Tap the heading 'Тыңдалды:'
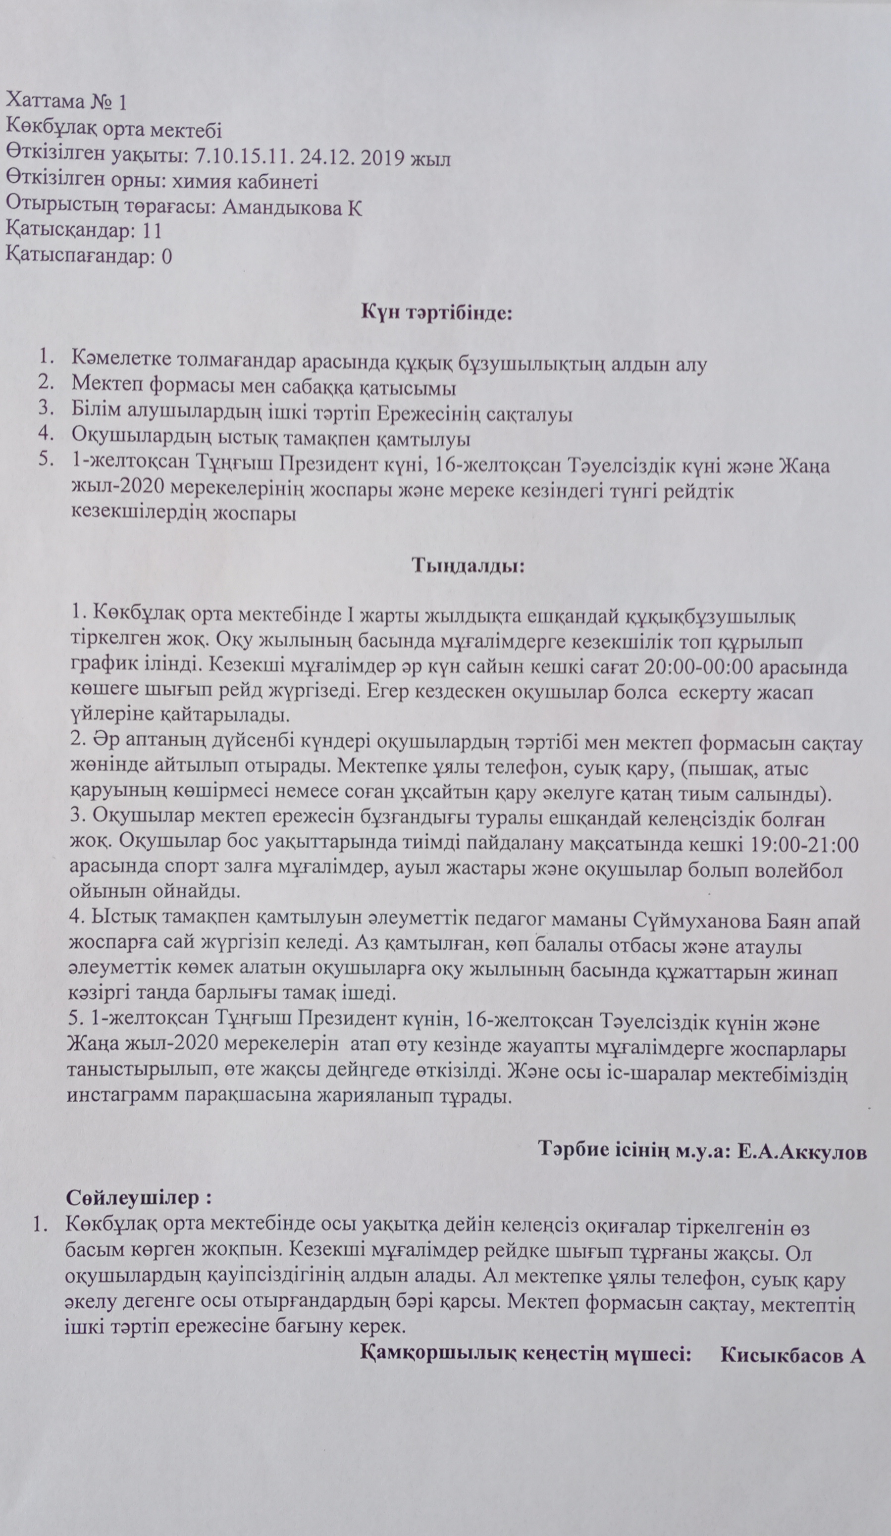[x=469, y=564]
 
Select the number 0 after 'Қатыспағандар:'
[x=166, y=256]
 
